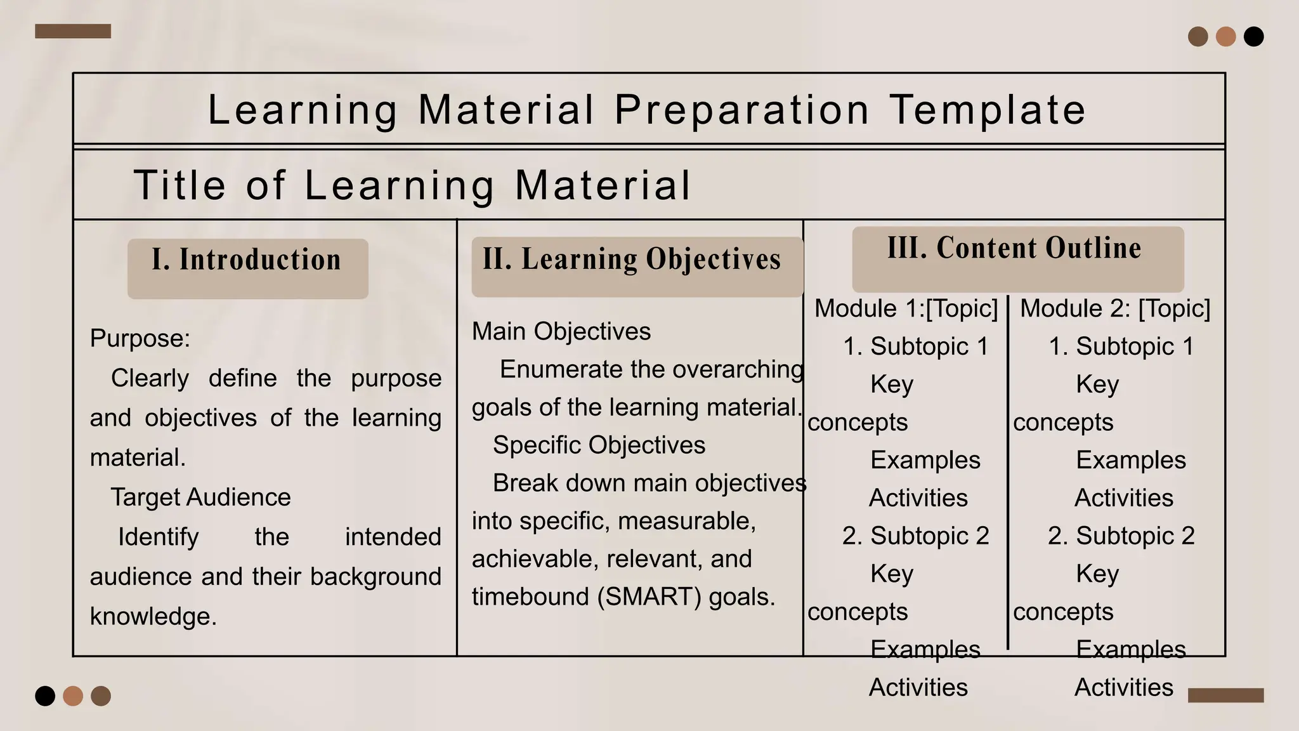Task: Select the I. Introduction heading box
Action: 247,268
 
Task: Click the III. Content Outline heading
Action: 1015,249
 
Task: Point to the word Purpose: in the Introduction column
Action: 140,338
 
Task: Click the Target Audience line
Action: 200,497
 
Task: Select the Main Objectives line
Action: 561,331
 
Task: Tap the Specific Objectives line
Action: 599,445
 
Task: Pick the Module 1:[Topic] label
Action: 906,308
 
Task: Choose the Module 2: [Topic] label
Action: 1115,308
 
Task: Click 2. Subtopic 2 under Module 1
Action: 915,536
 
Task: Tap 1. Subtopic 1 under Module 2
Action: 1121,346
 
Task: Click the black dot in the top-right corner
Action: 1253,37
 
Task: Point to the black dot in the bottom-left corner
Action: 45,696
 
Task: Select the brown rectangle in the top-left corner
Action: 73,31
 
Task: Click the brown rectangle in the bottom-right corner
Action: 1225,695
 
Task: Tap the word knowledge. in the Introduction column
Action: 153,616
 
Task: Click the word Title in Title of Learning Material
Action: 180,185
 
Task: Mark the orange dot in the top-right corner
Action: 1225,37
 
